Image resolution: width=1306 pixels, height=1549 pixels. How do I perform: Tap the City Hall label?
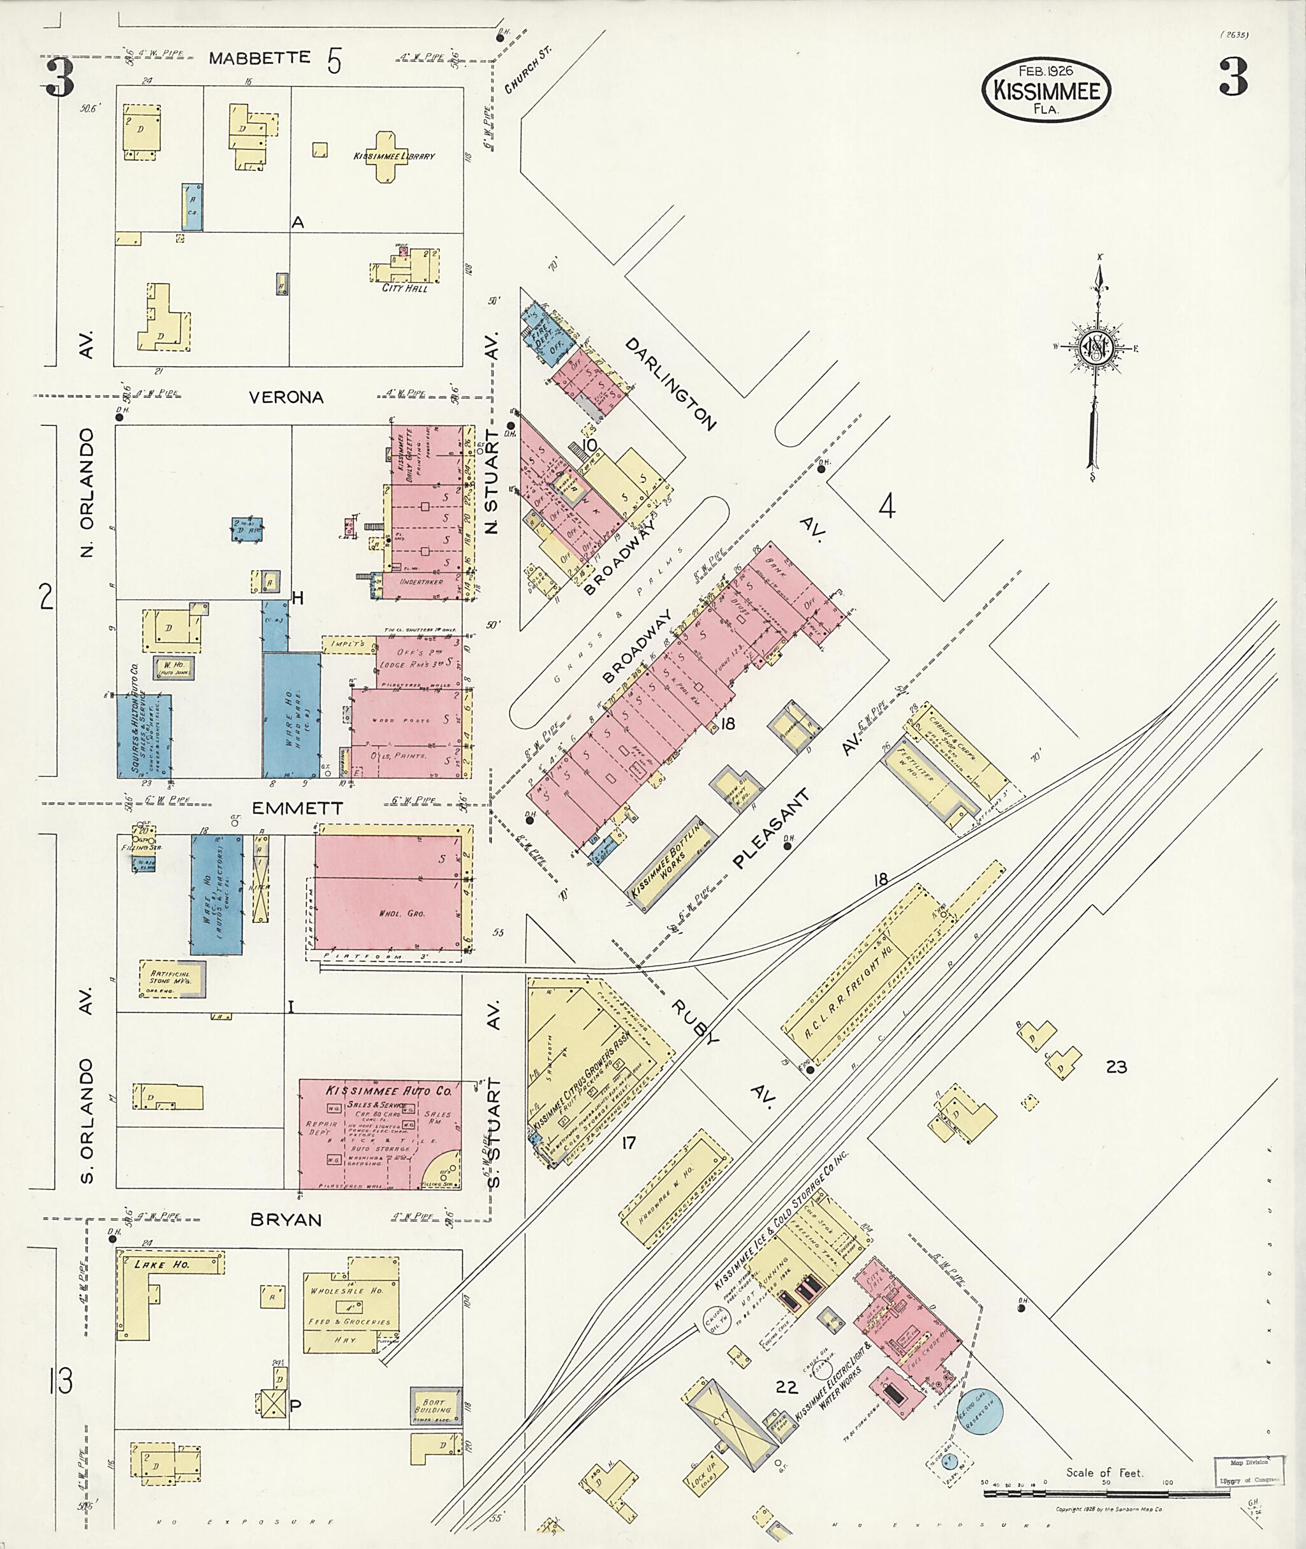pyautogui.click(x=404, y=288)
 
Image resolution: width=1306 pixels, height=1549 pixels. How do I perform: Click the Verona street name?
pyautogui.click(x=286, y=398)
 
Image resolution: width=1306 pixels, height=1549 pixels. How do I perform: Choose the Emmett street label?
pyautogui.click(x=297, y=809)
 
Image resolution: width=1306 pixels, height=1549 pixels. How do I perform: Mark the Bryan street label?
pyautogui.click(x=286, y=1219)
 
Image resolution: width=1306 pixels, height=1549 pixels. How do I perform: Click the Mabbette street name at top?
pyautogui.click(x=259, y=58)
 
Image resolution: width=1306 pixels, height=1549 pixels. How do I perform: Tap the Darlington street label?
pyautogui.click(x=671, y=385)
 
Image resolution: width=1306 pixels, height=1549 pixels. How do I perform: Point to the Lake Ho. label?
pyautogui.click(x=161, y=1265)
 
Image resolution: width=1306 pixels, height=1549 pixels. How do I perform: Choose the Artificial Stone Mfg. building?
pyautogui.click(x=172, y=978)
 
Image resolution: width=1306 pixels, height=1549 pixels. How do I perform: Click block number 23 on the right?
pyautogui.click(x=1116, y=1067)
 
